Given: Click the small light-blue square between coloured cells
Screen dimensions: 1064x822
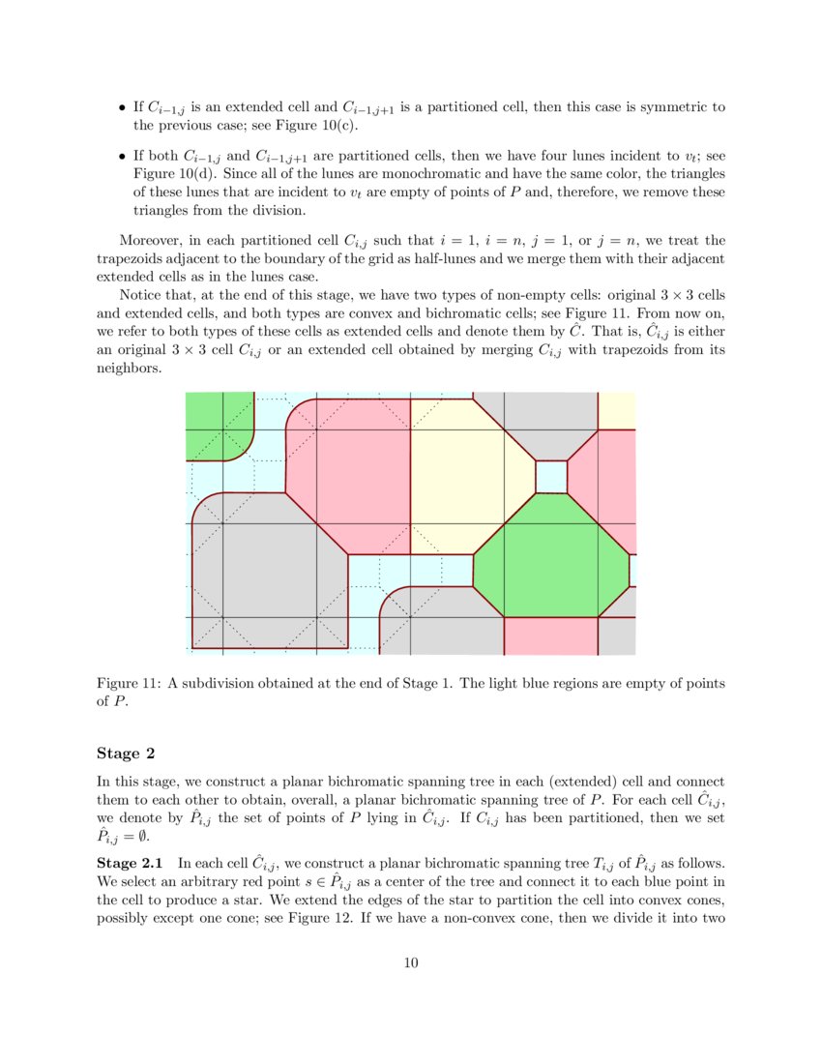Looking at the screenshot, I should pos(551,476).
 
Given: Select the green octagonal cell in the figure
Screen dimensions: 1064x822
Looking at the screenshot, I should pos(551,556).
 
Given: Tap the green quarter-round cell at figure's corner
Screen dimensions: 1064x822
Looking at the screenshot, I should pos(215,424).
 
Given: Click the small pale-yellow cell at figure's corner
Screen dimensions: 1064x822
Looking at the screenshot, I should pos(617,410).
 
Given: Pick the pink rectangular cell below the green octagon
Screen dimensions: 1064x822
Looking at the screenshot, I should pos(551,635).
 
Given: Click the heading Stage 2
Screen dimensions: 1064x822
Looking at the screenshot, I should pos(124,753).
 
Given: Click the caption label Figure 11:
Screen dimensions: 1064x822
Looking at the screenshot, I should pos(129,684).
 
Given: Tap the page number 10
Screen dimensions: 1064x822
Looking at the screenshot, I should pos(411,961).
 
